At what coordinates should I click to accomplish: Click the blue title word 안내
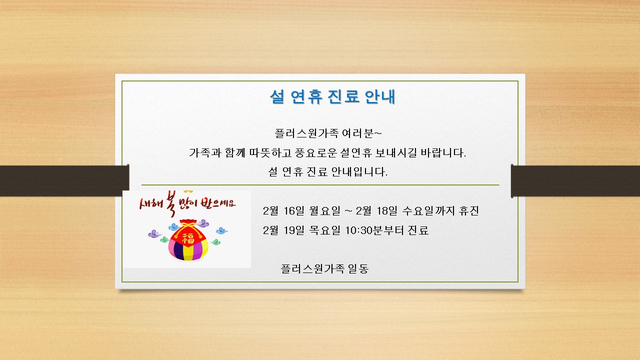click(x=380, y=96)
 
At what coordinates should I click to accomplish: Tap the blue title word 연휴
click(x=306, y=96)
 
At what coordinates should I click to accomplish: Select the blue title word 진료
click(x=343, y=96)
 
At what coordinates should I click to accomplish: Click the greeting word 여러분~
click(x=361, y=133)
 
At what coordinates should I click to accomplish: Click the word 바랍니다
click(x=443, y=153)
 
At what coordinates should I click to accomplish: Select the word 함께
click(x=235, y=153)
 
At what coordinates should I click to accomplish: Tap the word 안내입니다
click(x=359, y=171)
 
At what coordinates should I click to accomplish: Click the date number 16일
click(x=293, y=211)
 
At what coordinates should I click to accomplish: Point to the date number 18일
click(x=387, y=211)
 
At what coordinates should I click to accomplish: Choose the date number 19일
click(x=293, y=230)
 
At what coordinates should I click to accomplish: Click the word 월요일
click(x=325, y=211)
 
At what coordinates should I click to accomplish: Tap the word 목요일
click(x=325, y=230)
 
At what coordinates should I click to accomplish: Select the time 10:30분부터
click(x=374, y=230)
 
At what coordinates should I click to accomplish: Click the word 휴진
click(x=468, y=211)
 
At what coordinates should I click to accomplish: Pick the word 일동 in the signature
click(x=358, y=268)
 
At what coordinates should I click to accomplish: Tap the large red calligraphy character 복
click(x=170, y=203)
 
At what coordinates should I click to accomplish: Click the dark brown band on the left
click(x=64, y=180)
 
